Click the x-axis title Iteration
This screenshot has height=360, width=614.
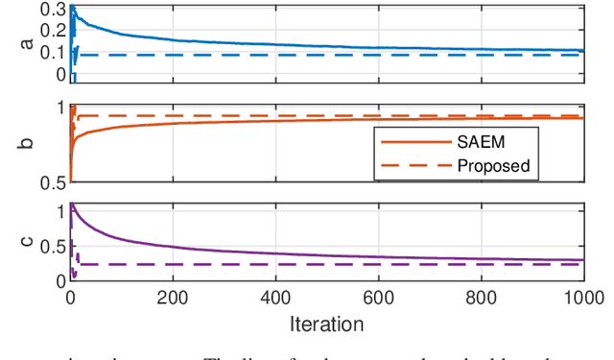click(x=326, y=324)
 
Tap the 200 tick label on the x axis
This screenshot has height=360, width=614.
click(x=173, y=298)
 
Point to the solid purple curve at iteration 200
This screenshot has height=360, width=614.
click(x=173, y=246)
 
